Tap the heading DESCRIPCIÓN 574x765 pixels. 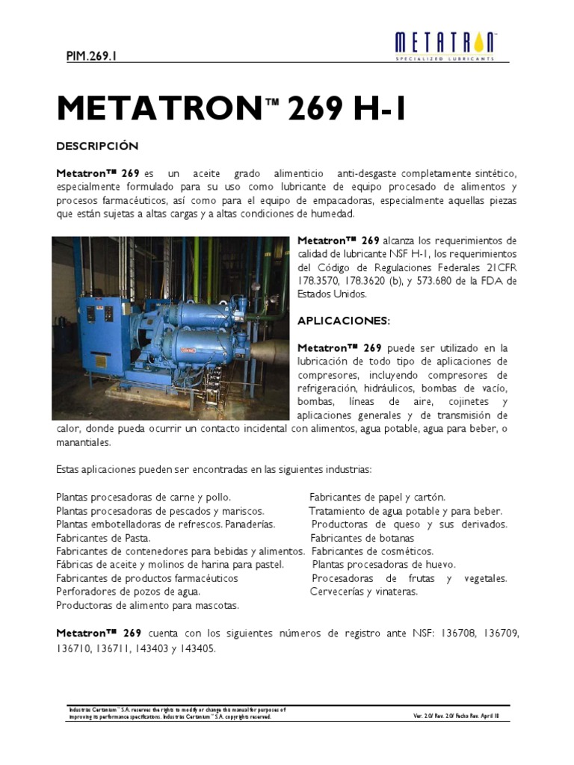[98, 144]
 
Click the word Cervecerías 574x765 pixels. [338, 592]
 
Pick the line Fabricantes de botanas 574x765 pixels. [362, 538]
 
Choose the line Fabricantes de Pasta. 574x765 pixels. [103, 538]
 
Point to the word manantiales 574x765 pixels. [83, 442]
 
